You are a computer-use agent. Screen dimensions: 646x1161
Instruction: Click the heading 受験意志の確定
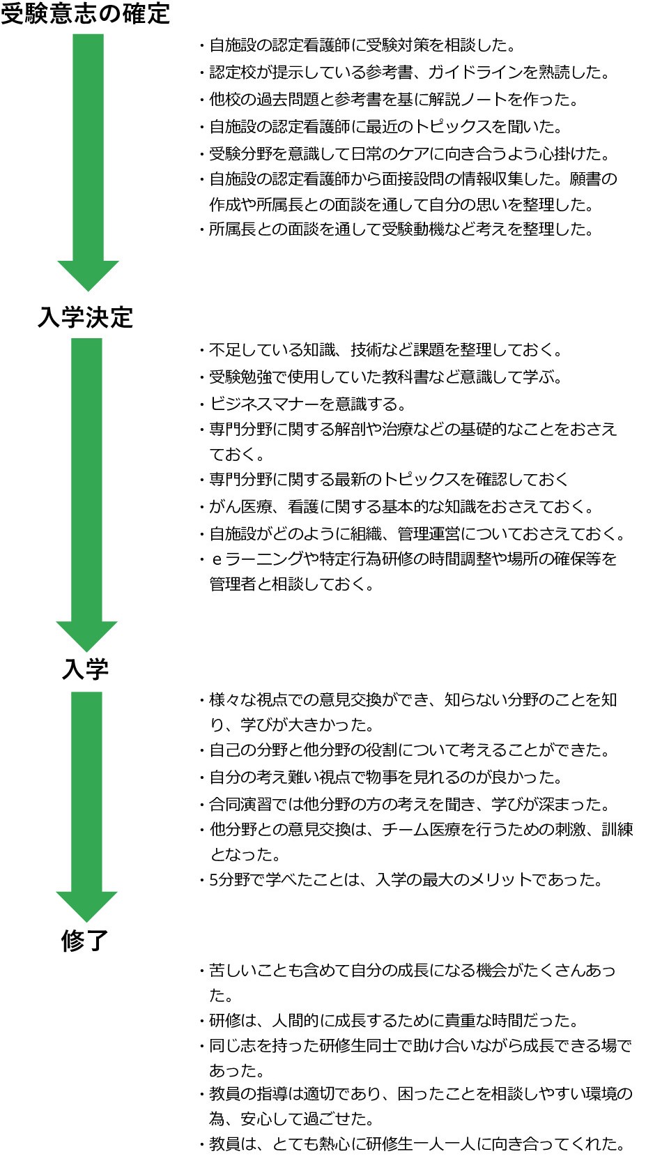[x=85, y=13]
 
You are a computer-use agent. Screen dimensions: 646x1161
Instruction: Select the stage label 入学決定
[x=86, y=317]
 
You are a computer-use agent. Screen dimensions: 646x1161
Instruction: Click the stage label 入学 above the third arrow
[x=85, y=669]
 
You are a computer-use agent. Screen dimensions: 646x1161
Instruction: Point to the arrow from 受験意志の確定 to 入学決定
[x=88, y=162]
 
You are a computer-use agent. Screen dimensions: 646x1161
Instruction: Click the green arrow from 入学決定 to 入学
[x=86, y=495]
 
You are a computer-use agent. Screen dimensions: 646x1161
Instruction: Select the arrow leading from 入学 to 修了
[x=86, y=807]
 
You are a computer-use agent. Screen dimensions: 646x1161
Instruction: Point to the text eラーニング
[x=257, y=559]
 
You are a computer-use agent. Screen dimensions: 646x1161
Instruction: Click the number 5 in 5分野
[x=213, y=880]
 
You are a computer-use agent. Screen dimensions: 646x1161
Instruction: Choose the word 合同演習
[x=240, y=804]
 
